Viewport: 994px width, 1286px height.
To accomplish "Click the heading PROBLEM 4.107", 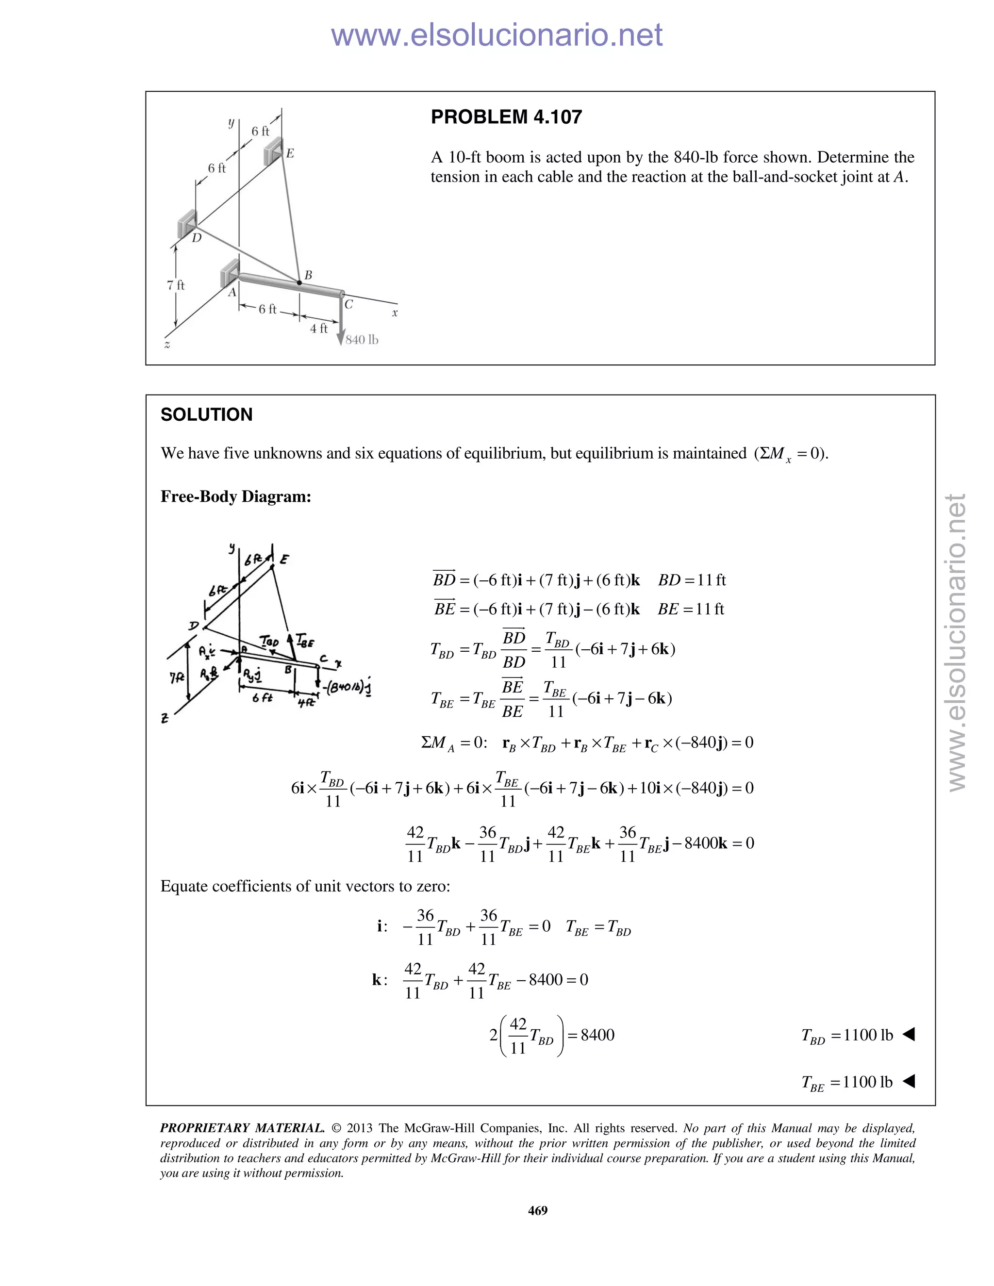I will pyautogui.click(x=506, y=117).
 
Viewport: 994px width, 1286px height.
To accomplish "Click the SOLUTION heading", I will pyautogui.click(x=206, y=414).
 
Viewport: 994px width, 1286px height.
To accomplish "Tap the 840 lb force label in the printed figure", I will pyautogui.click(x=362, y=340).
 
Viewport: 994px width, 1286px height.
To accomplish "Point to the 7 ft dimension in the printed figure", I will pyautogui.click(x=176, y=285).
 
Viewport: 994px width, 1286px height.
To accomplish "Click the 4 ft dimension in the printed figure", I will pyautogui.click(x=318, y=328).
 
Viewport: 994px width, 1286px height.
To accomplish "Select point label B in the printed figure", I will pyautogui.click(x=308, y=275).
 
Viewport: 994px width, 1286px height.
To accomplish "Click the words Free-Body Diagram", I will pyautogui.click(x=235, y=496).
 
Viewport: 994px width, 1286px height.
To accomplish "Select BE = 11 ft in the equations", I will pyautogui.click(x=690, y=609).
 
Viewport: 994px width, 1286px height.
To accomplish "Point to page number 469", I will pyautogui.click(x=538, y=1210).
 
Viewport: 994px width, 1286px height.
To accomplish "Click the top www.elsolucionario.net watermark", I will pyautogui.click(x=497, y=35).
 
